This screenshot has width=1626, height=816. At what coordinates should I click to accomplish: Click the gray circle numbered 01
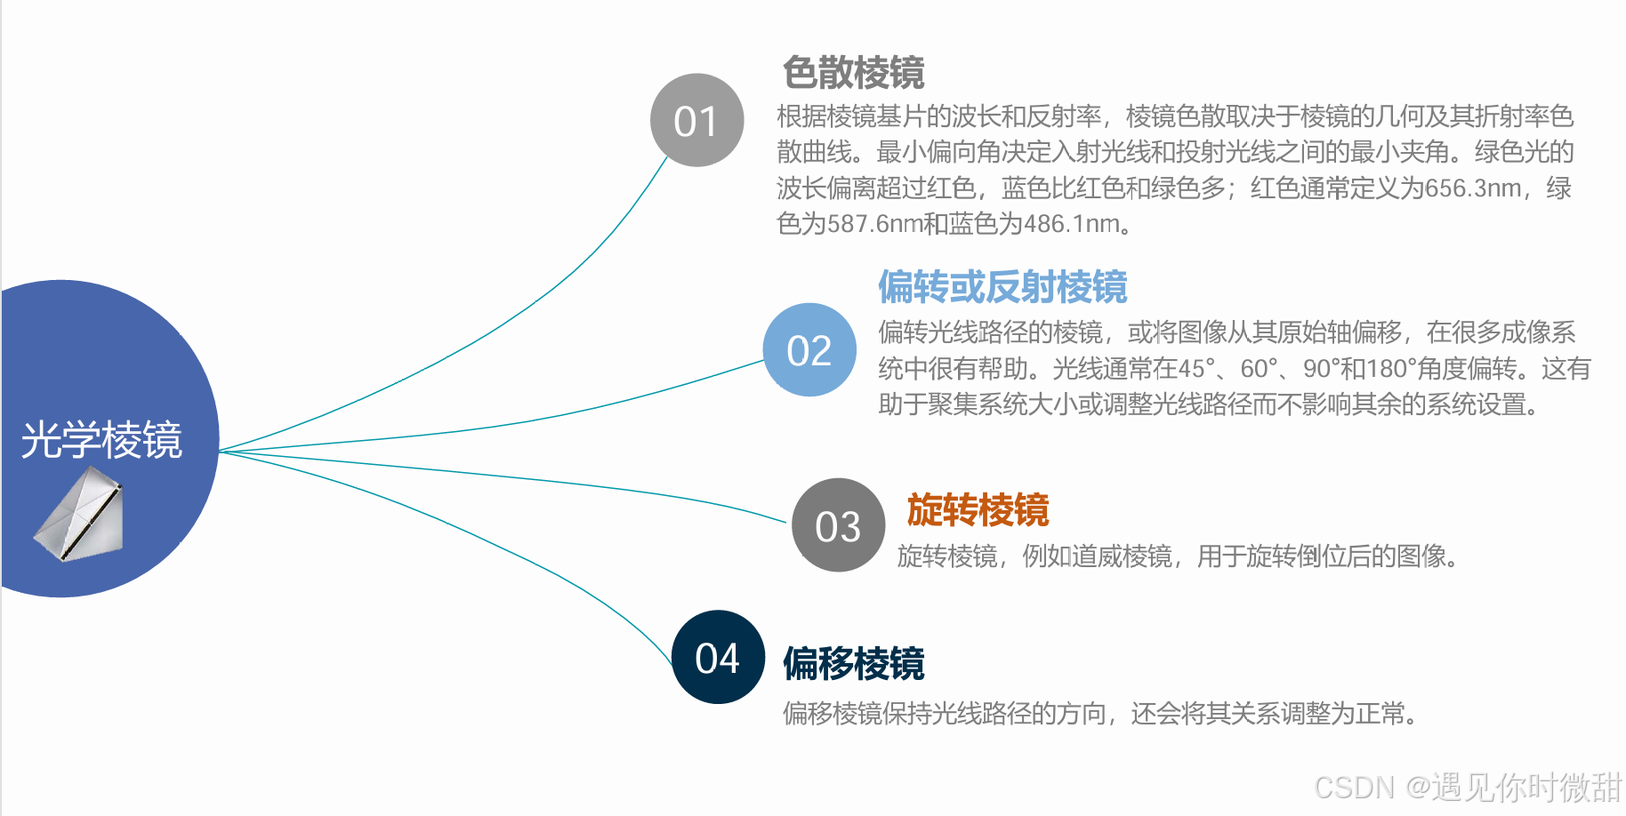[696, 120]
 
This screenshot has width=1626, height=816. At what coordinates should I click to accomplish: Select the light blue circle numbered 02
[809, 350]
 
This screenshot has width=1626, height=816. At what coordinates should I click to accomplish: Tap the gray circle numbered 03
[838, 525]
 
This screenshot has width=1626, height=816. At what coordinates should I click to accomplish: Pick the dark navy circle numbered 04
[718, 658]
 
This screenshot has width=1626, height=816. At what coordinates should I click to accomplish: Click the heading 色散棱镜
[853, 73]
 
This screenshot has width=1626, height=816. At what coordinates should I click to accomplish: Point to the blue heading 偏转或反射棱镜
[1002, 287]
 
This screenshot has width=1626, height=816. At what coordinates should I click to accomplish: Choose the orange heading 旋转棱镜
[978, 510]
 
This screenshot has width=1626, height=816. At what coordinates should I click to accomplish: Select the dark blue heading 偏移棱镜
[853, 664]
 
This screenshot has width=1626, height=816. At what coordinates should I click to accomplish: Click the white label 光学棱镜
[101, 440]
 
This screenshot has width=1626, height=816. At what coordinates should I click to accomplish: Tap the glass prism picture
[80, 514]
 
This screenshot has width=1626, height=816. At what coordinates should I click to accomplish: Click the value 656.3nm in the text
[1473, 188]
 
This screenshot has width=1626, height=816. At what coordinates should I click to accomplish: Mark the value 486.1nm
[1071, 224]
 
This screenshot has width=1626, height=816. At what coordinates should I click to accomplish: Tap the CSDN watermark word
[1354, 788]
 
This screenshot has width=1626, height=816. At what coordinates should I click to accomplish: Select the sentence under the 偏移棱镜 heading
[1101, 713]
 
